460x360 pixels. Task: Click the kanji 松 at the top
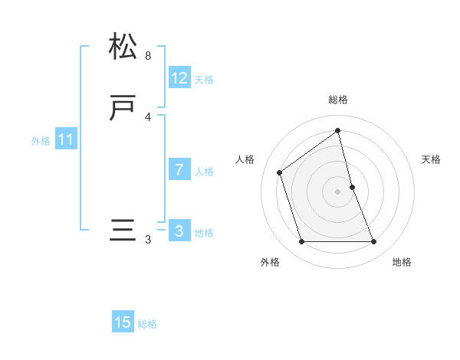pos(123,47)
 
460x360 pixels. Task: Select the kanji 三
pos(123,231)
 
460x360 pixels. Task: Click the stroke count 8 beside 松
pos(148,56)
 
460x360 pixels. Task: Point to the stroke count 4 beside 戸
pos(148,116)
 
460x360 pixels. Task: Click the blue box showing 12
pos(179,78)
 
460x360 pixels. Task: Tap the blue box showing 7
pos(179,170)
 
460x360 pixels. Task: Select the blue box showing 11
pos(66,140)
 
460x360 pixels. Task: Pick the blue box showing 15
pos(123,322)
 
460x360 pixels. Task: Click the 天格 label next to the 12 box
pos(204,80)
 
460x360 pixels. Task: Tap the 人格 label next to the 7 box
pos(204,172)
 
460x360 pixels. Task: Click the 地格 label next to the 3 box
pos(204,233)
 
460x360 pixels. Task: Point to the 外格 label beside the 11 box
pos(41,141)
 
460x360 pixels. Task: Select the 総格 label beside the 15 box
pos(147,324)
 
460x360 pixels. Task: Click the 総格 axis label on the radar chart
pos(338,100)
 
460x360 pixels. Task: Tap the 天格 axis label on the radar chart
pos(432,159)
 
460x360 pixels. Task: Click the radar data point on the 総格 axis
pos(338,130)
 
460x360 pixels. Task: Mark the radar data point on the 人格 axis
pos(280,172)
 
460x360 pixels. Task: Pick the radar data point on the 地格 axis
pos(374,242)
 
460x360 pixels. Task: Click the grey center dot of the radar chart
pos(338,191)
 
